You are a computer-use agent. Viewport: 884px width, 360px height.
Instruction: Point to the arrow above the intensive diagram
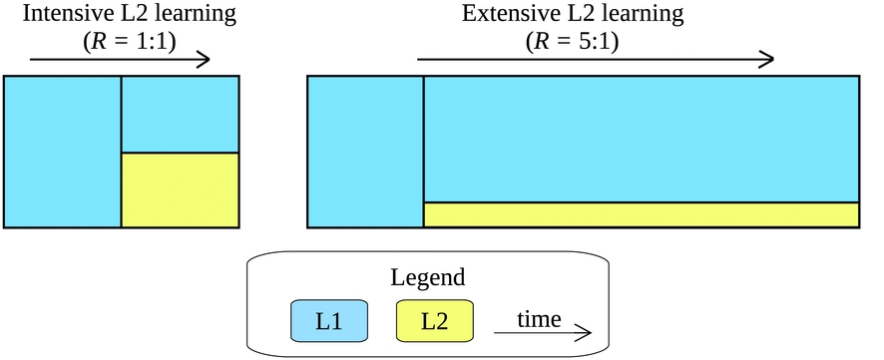click(x=120, y=59)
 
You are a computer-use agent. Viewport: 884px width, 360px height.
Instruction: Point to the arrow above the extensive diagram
click(x=596, y=59)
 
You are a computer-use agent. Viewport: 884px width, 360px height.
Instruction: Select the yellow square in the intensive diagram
click(x=180, y=189)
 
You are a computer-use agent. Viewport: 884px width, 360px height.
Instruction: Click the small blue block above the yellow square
click(x=180, y=114)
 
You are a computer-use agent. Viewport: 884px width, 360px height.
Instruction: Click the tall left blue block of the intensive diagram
click(x=63, y=152)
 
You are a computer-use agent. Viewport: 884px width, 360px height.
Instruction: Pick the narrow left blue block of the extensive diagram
click(x=365, y=152)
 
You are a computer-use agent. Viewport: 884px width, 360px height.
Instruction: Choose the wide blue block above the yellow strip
click(x=641, y=139)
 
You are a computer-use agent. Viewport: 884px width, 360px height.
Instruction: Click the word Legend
click(x=427, y=278)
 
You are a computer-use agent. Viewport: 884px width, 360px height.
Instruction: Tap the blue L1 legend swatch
click(x=329, y=321)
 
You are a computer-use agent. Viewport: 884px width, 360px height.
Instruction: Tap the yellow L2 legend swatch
click(x=434, y=321)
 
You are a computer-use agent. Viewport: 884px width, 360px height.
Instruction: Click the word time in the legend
click(x=539, y=318)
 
